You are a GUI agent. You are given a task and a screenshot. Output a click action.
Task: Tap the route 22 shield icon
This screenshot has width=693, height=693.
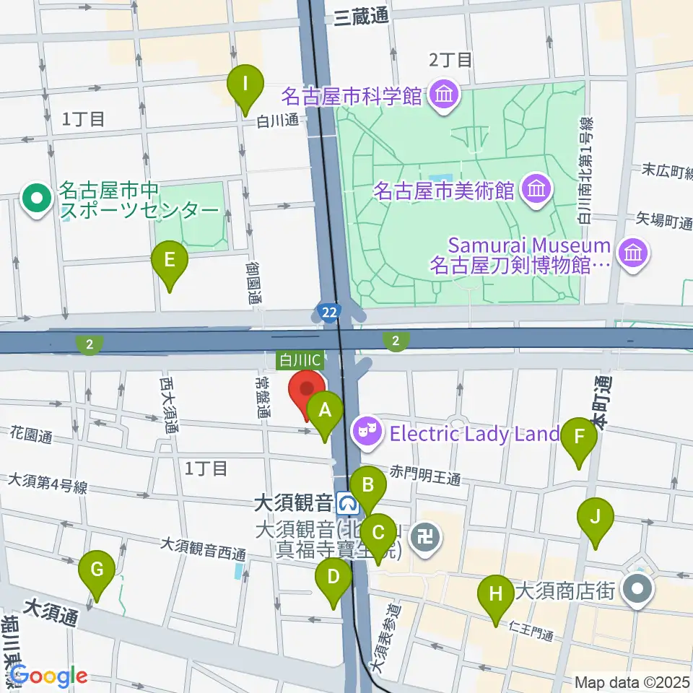click(x=328, y=312)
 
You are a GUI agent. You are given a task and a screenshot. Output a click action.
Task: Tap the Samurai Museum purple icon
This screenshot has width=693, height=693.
click(x=634, y=253)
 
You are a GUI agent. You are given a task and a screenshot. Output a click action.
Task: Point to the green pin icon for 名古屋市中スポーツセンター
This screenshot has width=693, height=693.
click(x=35, y=199)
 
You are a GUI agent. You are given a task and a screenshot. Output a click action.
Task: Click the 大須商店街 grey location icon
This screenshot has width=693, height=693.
click(x=640, y=588)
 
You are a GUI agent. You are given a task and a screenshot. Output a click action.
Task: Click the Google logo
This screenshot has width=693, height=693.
click(x=48, y=676)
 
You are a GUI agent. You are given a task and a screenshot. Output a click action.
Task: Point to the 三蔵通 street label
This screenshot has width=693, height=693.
click(x=361, y=19)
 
